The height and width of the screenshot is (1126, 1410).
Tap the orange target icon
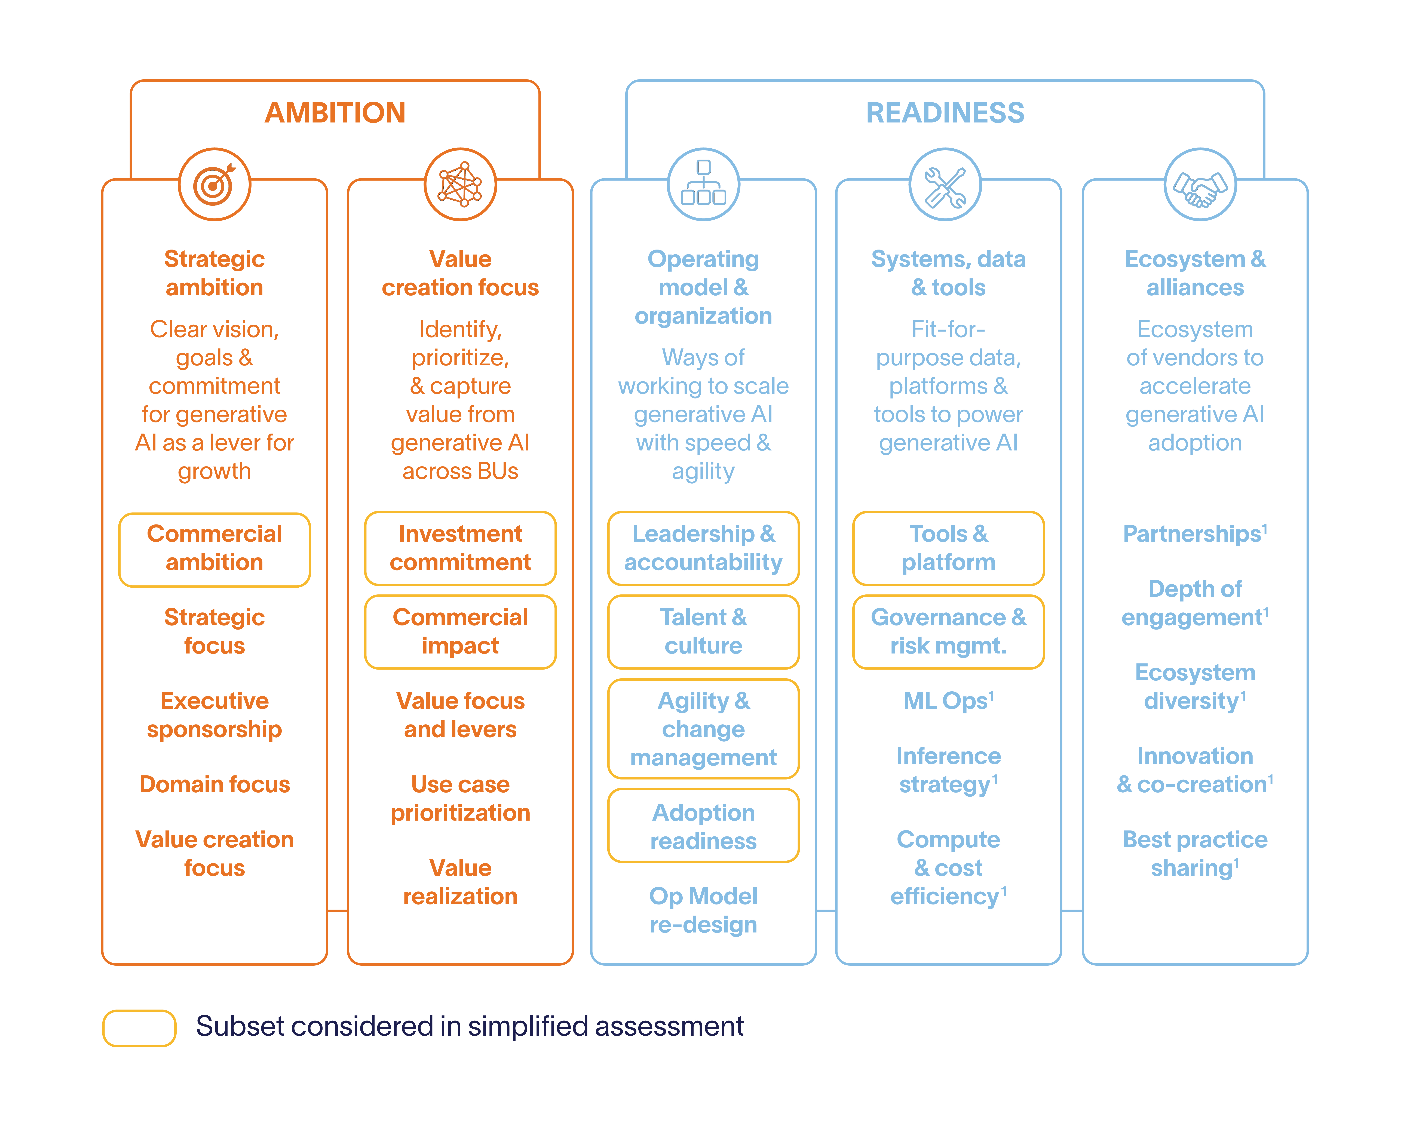point(214,184)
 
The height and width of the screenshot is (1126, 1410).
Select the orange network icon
point(460,184)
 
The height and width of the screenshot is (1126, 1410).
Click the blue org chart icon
point(703,184)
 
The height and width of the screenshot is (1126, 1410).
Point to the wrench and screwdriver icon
point(945,184)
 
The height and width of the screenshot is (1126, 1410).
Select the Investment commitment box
point(460,548)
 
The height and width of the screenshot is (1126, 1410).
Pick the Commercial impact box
point(460,632)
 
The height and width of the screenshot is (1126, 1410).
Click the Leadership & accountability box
point(703,548)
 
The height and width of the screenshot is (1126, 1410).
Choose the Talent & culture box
point(703,632)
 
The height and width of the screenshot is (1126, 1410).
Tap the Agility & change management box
point(703,728)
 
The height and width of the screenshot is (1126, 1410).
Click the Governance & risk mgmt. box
point(948,632)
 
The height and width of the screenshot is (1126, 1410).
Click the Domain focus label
point(214,784)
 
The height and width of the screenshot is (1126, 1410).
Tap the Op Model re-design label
point(703,910)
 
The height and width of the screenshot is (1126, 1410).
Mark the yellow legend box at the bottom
point(139,1028)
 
